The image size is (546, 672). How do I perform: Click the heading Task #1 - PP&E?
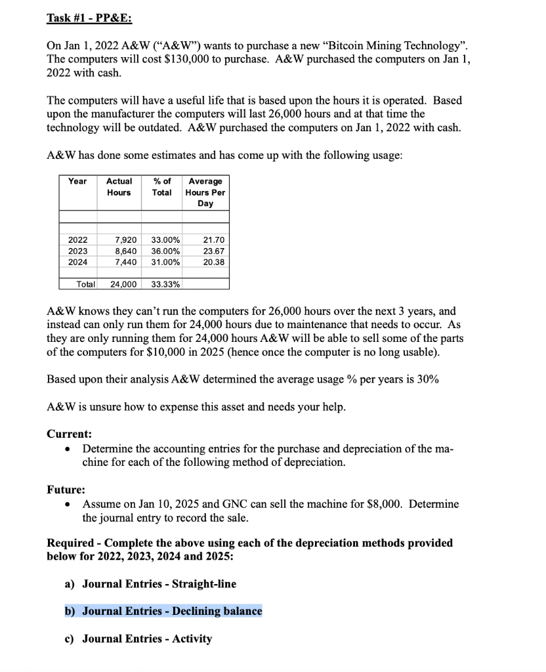click(x=89, y=18)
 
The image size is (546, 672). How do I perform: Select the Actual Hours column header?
click(x=119, y=186)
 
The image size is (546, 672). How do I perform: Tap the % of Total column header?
click(x=161, y=186)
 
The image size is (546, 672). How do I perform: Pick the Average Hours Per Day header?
click(x=205, y=192)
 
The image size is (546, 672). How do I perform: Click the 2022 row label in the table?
click(x=77, y=240)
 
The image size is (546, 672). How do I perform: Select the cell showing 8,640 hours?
click(x=125, y=251)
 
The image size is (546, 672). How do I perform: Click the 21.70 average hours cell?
click(x=214, y=240)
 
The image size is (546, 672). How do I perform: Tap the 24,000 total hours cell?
click(x=123, y=284)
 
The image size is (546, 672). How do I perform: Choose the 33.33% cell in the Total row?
click(x=166, y=284)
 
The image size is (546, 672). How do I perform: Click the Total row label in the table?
click(x=86, y=284)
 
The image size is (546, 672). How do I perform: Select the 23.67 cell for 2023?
click(x=214, y=251)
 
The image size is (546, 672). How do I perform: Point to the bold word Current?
click(x=69, y=434)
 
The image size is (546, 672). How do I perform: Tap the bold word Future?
click(x=66, y=490)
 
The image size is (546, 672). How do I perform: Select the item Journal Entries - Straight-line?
click(x=159, y=583)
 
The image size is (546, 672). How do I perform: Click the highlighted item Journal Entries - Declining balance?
click(x=171, y=611)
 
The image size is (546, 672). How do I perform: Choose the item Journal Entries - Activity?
click(x=147, y=639)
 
